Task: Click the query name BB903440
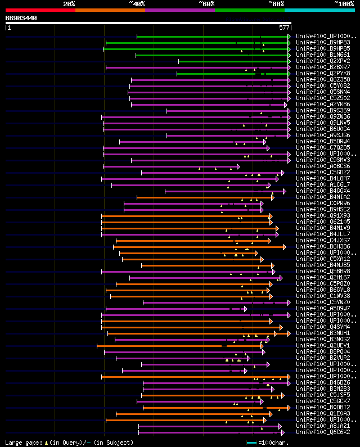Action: click(x=21, y=18)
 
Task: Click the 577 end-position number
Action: click(x=283, y=28)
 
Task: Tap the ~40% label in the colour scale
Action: click(x=137, y=3)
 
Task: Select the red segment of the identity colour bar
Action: click(x=40, y=10)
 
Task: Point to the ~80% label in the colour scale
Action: click(x=276, y=3)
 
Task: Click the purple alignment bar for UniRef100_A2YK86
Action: click(x=208, y=104)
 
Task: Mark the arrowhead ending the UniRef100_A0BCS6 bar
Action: click(x=238, y=166)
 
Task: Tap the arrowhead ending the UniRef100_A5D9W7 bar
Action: click(x=245, y=308)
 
